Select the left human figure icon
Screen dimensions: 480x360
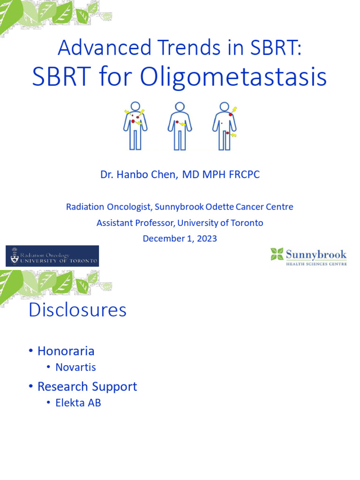pyautogui.click(x=135, y=126)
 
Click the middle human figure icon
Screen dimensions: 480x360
pyautogui.click(x=180, y=126)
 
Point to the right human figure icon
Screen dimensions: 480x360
pyautogui.click(x=225, y=126)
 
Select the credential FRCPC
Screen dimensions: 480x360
pyautogui.click(x=243, y=175)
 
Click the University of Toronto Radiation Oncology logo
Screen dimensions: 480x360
pyautogui.click(x=52, y=256)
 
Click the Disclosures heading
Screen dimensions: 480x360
pyautogui.click(x=77, y=310)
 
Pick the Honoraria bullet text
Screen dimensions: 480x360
pyautogui.click(x=66, y=351)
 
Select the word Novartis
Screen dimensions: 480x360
pyautogui.click(x=75, y=367)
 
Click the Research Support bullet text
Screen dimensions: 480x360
pyautogui.click(x=87, y=386)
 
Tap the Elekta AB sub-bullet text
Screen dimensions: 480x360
pyautogui.click(x=78, y=403)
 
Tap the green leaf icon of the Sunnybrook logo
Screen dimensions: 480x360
pyautogui.click(x=277, y=255)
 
